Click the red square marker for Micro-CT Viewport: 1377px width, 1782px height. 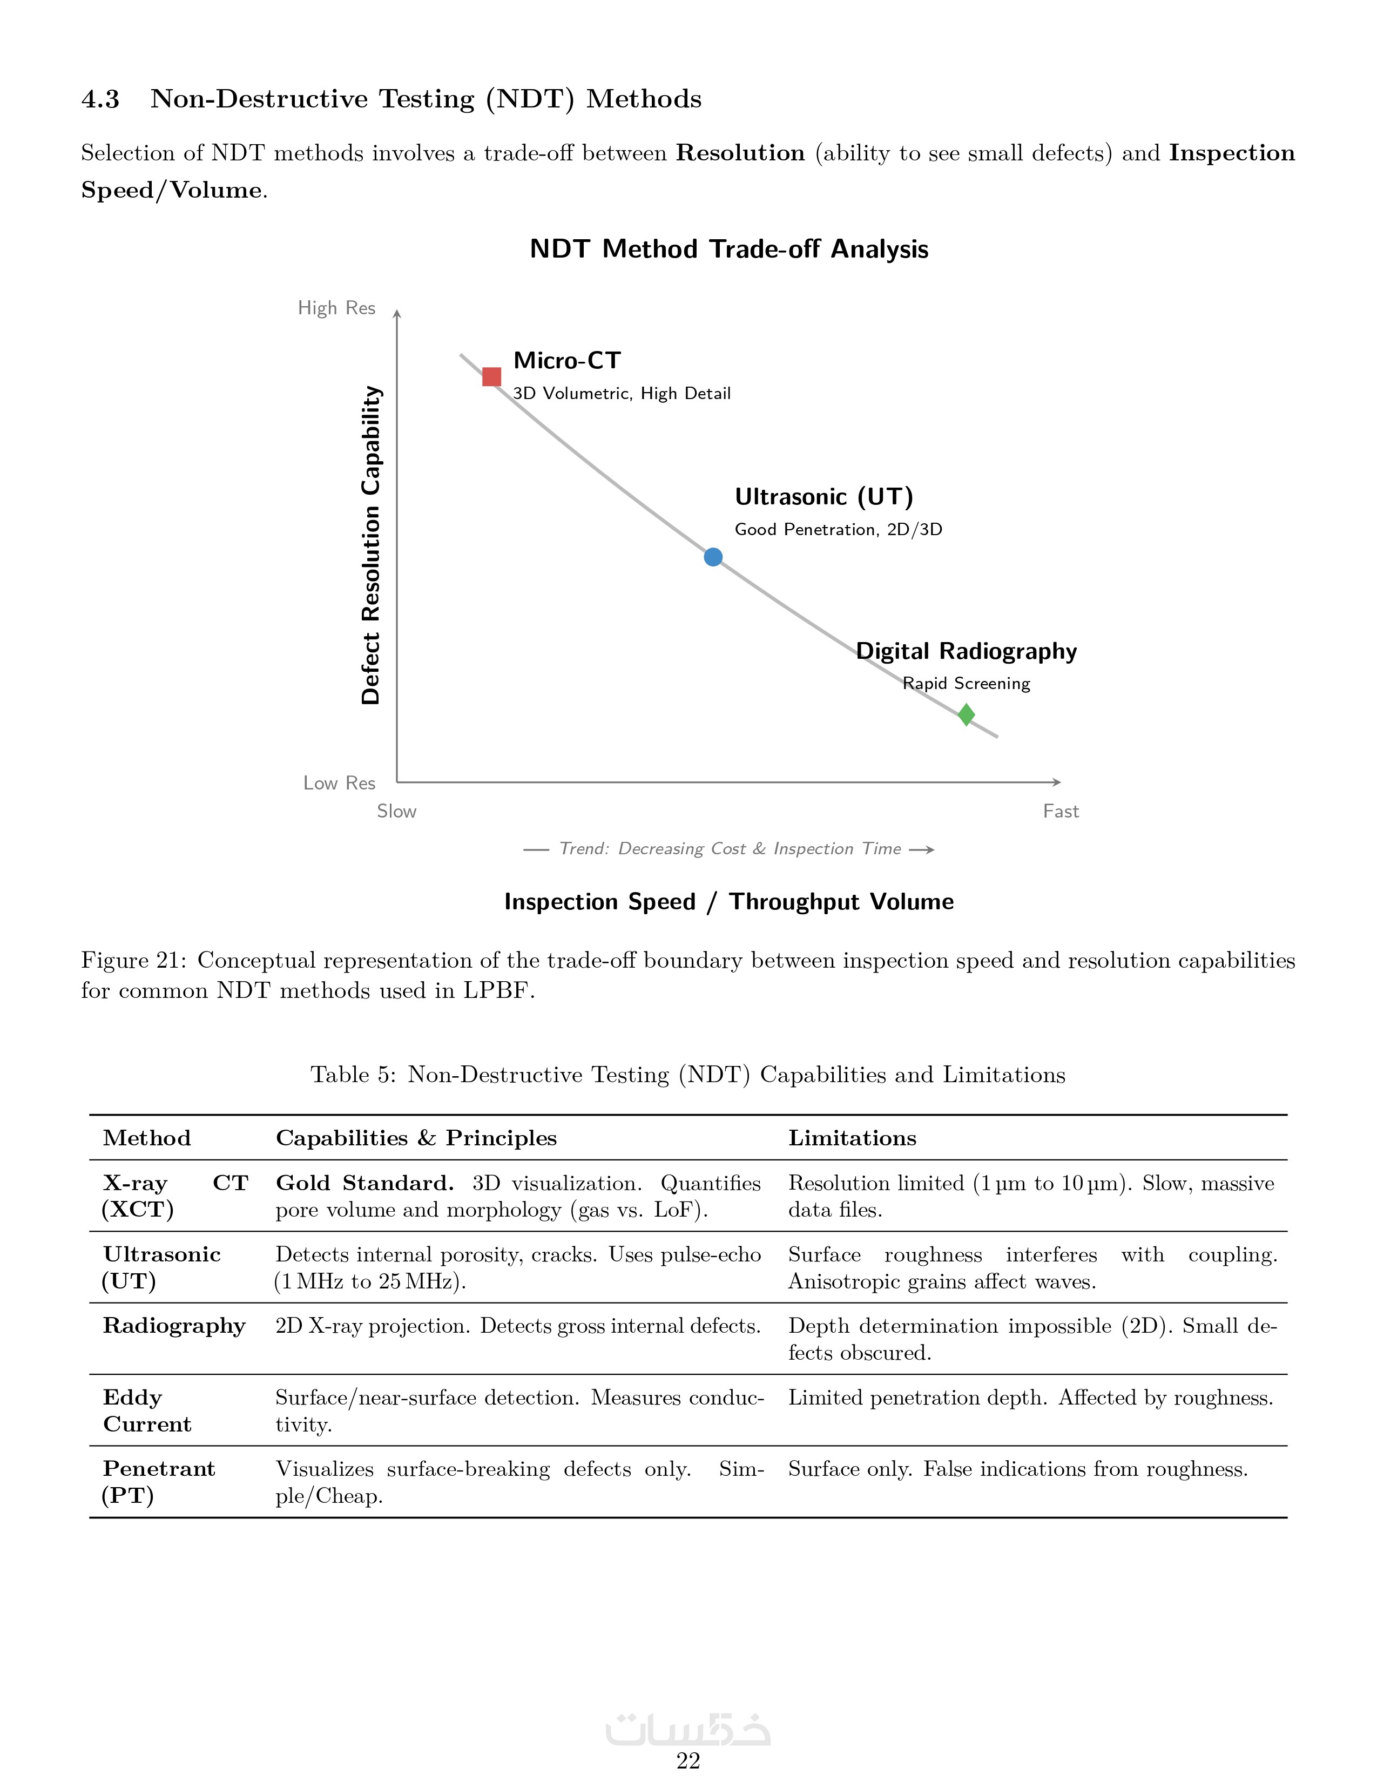point(491,376)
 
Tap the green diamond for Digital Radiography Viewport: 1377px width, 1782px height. point(966,715)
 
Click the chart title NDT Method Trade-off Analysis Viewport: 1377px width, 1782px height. point(728,249)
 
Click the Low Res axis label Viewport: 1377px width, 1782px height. point(339,784)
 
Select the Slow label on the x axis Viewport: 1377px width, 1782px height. point(396,811)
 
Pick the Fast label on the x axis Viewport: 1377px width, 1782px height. point(1061,811)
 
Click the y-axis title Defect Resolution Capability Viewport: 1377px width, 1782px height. point(371,544)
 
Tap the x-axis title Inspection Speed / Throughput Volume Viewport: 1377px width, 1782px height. point(728,902)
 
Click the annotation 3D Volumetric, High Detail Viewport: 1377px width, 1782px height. point(622,393)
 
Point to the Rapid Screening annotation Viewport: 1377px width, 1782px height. point(966,684)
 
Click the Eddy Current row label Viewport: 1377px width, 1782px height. point(147,1410)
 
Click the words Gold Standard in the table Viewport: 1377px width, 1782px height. point(364,1183)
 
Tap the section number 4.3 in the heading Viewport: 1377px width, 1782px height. point(100,99)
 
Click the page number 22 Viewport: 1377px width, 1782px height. point(687,1761)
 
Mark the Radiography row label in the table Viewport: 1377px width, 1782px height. point(174,1326)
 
